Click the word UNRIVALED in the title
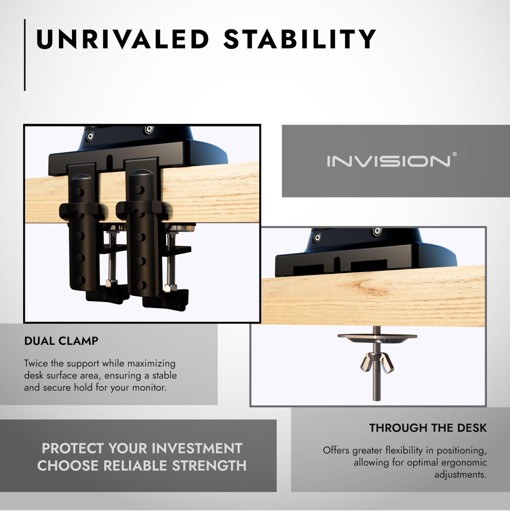[x=122, y=39]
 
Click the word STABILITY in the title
[x=300, y=39]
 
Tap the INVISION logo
[x=389, y=161]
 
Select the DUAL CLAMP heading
[x=61, y=341]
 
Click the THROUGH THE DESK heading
[x=428, y=428]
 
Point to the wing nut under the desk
[x=377, y=365]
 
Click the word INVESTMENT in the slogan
[x=197, y=448]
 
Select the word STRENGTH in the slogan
[x=209, y=466]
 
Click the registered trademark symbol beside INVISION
[x=454, y=154]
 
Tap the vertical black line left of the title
[x=25, y=55]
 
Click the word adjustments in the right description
[x=460, y=475]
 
